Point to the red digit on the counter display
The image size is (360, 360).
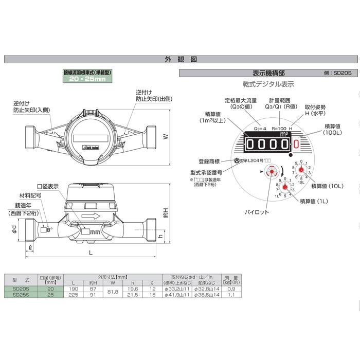click(x=296, y=145)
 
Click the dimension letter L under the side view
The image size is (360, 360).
click(x=91, y=254)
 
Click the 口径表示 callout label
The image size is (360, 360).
click(x=48, y=186)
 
